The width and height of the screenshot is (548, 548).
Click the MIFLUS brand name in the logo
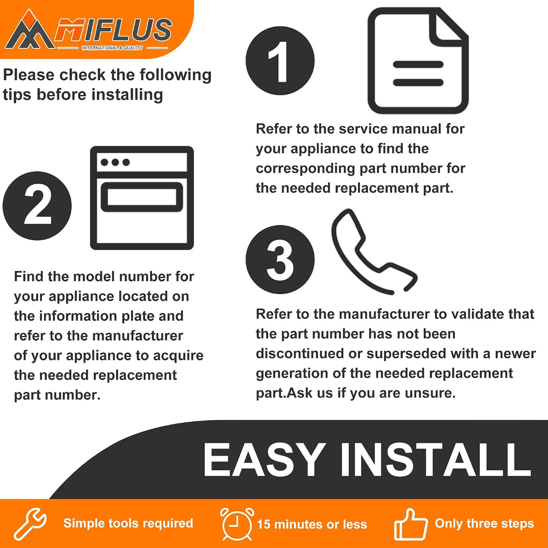(x=113, y=30)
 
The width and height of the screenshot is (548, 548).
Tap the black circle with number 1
(x=280, y=61)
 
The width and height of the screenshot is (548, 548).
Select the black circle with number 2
(x=37, y=205)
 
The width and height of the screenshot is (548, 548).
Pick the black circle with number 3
(x=280, y=259)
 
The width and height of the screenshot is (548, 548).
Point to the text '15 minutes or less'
(x=312, y=524)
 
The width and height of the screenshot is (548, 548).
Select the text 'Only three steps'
(x=485, y=524)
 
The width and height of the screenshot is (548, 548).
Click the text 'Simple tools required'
(x=128, y=524)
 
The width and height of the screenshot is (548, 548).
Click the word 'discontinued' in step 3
(x=300, y=353)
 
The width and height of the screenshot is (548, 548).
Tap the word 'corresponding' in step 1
(x=306, y=169)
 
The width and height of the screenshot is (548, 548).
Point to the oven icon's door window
(x=142, y=197)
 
